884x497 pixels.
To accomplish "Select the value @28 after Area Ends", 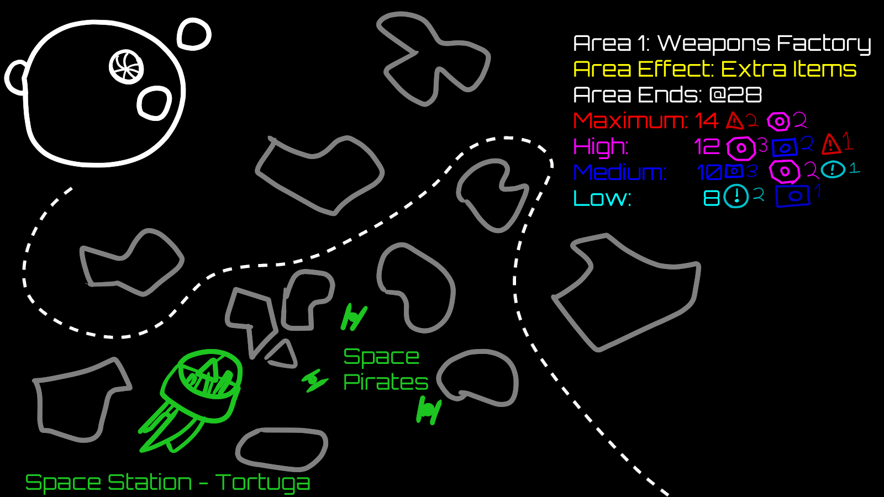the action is [x=735, y=95].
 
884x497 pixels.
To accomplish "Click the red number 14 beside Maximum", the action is [x=706, y=121].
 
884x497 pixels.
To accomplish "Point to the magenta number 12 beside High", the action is [x=707, y=147].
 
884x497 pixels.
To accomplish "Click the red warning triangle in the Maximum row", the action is [x=735, y=120].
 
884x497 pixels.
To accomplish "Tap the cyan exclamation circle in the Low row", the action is [x=736, y=196].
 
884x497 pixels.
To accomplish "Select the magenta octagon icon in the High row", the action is [x=741, y=148].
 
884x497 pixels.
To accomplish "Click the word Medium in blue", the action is [x=619, y=173].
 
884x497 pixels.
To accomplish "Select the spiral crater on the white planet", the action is [x=127, y=67].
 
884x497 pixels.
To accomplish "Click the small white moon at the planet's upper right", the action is [x=194, y=34].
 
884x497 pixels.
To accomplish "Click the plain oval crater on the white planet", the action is [x=154, y=103].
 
